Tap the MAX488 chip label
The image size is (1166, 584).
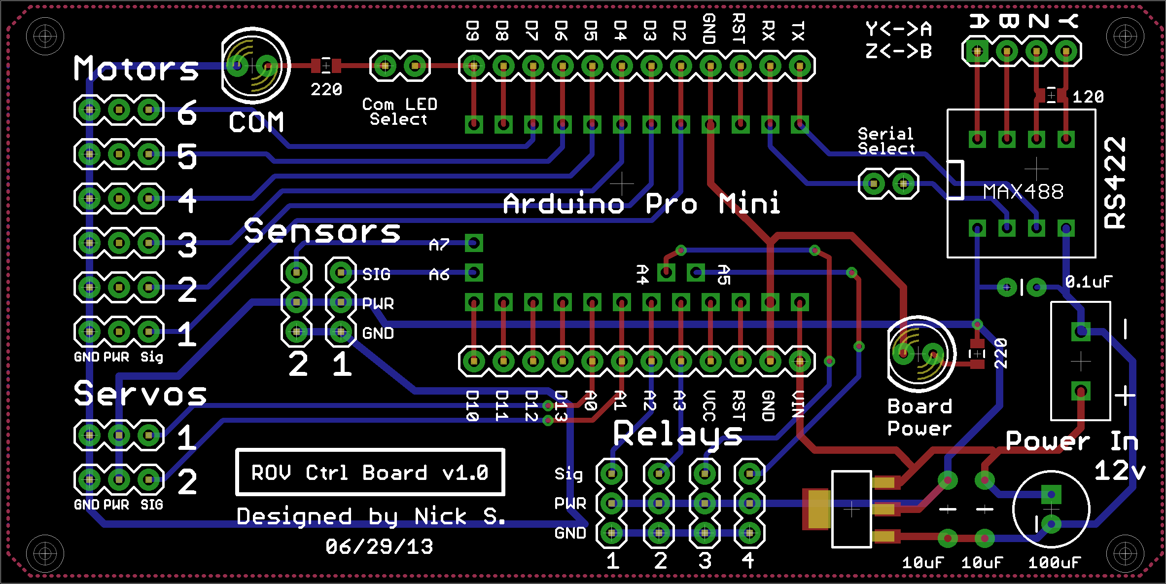(1023, 191)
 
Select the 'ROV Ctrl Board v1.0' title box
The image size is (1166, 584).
(370, 472)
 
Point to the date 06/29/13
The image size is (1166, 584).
(379, 547)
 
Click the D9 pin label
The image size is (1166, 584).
(472, 31)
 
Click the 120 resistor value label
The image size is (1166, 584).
(1088, 97)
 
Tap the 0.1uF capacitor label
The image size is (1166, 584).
(1089, 282)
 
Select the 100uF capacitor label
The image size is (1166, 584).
(1054, 562)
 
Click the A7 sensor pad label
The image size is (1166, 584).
(439, 245)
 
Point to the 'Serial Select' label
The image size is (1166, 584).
(886, 141)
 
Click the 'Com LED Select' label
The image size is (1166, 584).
(399, 111)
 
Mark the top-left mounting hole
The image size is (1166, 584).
(45, 36)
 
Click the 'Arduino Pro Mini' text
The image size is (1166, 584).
(641, 203)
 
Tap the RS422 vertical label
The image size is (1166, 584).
(1115, 182)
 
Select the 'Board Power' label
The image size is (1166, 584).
(919, 417)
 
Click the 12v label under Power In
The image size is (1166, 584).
(1120, 471)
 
